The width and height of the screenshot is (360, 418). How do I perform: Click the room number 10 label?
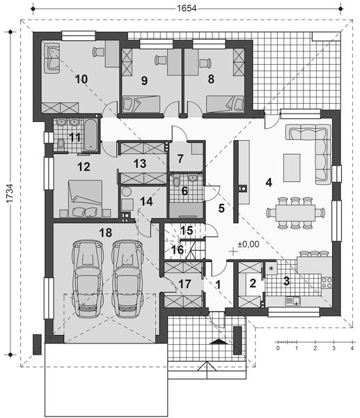tap(81, 79)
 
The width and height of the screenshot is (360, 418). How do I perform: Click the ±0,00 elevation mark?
tap(249, 245)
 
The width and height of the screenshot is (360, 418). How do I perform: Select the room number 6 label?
tap(185, 190)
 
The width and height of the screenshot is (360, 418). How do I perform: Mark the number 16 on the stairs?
tap(178, 249)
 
